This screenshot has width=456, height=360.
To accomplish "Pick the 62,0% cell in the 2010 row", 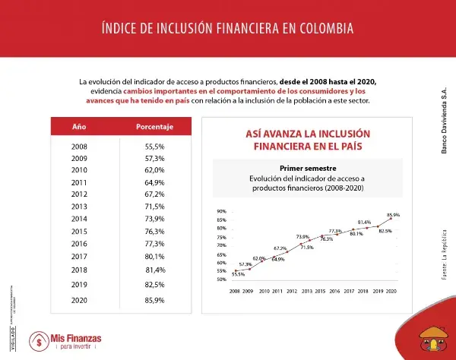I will (x=155, y=170).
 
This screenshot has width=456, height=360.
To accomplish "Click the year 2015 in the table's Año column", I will (x=79, y=231).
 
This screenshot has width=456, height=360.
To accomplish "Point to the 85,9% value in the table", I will (x=155, y=300).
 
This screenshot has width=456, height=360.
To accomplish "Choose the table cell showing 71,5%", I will (x=155, y=207).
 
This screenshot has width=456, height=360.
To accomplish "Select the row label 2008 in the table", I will (x=79, y=146).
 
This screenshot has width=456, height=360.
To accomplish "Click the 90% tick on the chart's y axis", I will (x=221, y=211).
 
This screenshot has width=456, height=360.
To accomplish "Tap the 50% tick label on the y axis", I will (x=221, y=279).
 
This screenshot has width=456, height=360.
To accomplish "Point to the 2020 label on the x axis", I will (x=391, y=291).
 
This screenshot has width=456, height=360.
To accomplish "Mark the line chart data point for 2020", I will (x=391, y=219).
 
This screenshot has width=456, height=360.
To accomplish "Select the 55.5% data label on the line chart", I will (x=238, y=274).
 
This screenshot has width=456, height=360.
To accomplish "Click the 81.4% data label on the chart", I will (x=364, y=222).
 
